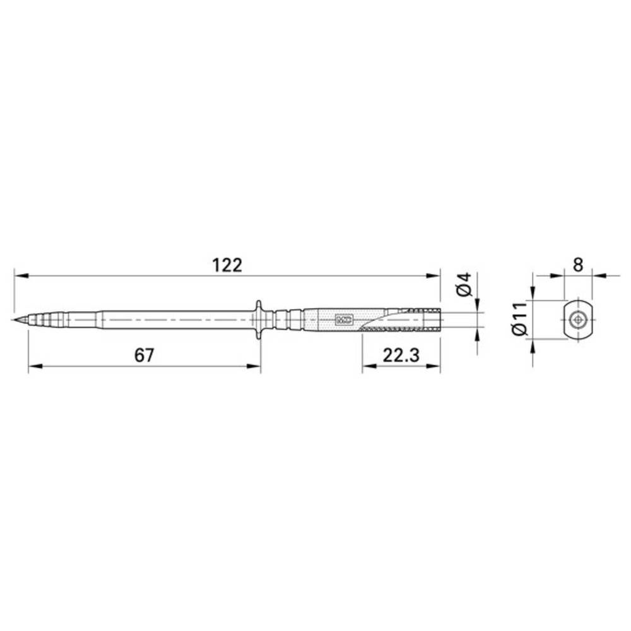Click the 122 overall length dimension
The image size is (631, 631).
[227, 266]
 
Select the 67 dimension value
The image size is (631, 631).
[144, 356]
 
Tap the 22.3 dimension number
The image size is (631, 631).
[401, 356]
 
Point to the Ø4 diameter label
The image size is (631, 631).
[464, 284]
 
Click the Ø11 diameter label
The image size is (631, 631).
[519, 318]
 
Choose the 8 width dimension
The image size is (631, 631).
[578, 265]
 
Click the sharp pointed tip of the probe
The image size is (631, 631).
[13, 320]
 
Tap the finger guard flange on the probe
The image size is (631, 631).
[258, 321]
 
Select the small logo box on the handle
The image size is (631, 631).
[344, 320]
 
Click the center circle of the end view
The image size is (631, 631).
[578, 320]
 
